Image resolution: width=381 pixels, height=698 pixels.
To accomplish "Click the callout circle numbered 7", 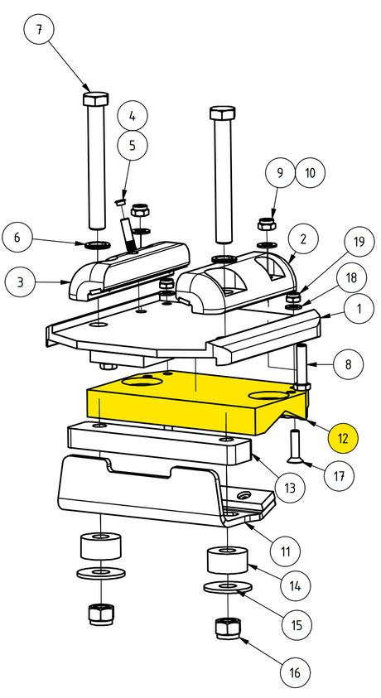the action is tap(39, 30).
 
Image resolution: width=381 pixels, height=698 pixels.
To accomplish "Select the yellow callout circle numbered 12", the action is tap(343, 438).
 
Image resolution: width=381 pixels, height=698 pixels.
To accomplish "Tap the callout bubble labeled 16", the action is tap(295, 672).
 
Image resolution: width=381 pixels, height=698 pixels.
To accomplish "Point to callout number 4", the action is tap(133, 116).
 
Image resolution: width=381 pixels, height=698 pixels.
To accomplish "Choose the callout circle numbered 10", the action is tap(311, 172).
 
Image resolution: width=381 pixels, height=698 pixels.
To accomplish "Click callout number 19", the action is tap(359, 241).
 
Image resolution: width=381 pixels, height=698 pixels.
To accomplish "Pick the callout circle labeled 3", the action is tap(20, 282).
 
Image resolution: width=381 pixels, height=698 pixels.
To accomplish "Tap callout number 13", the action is tap(290, 488).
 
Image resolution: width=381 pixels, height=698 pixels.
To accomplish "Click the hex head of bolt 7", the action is tap(96, 99).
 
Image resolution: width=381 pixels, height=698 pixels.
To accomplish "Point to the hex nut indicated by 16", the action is tap(228, 628).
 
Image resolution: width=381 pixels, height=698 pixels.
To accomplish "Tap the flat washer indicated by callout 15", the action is tap(228, 587).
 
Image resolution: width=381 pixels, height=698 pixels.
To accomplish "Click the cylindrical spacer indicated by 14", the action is tap(228, 561).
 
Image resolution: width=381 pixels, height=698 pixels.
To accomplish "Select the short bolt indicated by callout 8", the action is tap(301, 366).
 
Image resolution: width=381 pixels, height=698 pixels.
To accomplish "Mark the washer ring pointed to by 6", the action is tap(97, 244).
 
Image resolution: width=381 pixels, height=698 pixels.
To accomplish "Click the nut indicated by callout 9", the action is tap(267, 224).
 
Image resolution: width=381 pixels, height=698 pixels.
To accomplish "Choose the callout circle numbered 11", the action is tap(285, 551).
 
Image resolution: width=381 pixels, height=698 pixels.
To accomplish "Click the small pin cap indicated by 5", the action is tap(120, 202).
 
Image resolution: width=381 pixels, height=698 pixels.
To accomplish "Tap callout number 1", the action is tap(359, 308).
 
